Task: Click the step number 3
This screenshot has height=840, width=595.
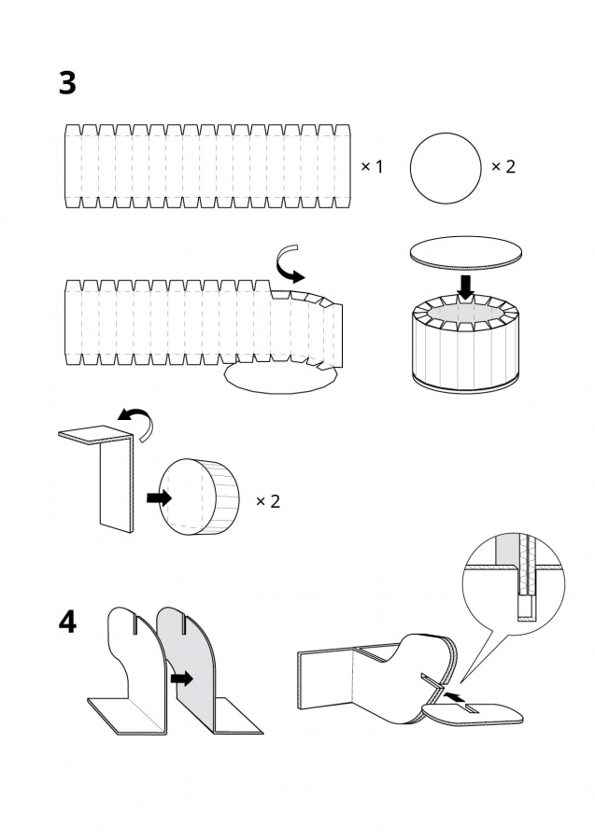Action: [67, 83]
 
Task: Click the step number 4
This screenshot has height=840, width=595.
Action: [67, 622]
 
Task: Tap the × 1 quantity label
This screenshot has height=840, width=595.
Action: [372, 166]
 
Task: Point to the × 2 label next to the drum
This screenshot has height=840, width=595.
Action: [268, 501]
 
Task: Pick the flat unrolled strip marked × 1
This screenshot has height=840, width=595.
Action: [206, 165]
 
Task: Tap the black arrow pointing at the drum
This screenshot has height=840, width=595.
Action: [160, 498]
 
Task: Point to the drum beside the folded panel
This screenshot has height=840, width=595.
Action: [200, 497]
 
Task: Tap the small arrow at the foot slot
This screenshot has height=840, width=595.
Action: [450, 695]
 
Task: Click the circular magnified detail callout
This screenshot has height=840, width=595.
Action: [516, 587]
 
